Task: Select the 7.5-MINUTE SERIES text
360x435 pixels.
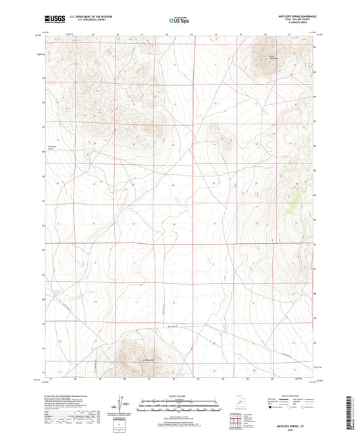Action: click(292, 24)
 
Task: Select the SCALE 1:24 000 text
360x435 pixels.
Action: click(179, 396)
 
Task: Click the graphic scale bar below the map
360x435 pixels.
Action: click(179, 405)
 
